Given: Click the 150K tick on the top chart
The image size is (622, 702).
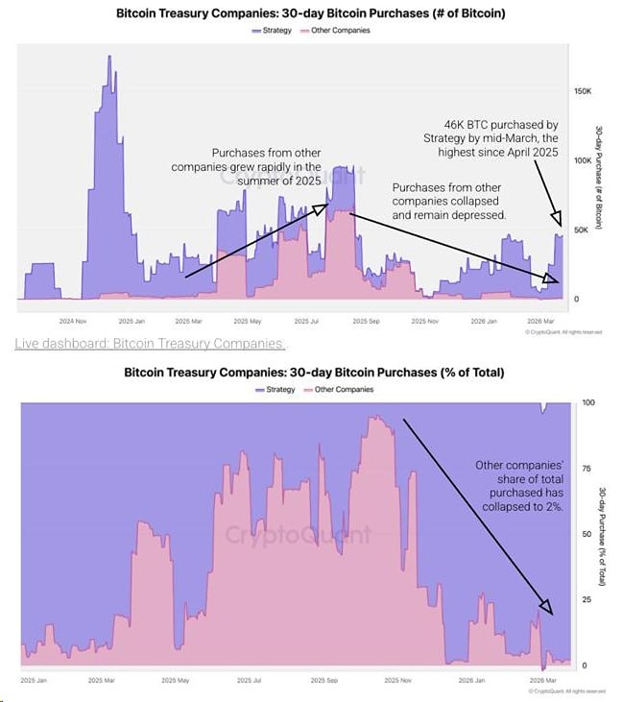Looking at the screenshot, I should [x=582, y=90].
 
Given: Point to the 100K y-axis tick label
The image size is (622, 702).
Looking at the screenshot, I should [x=582, y=159].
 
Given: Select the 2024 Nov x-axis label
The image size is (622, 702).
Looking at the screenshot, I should [x=73, y=321].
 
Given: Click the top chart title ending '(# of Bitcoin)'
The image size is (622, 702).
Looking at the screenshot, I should [x=310, y=14].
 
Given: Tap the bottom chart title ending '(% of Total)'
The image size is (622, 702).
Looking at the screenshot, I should [x=314, y=372].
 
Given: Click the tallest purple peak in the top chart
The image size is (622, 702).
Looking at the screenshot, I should [x=109, y=58].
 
